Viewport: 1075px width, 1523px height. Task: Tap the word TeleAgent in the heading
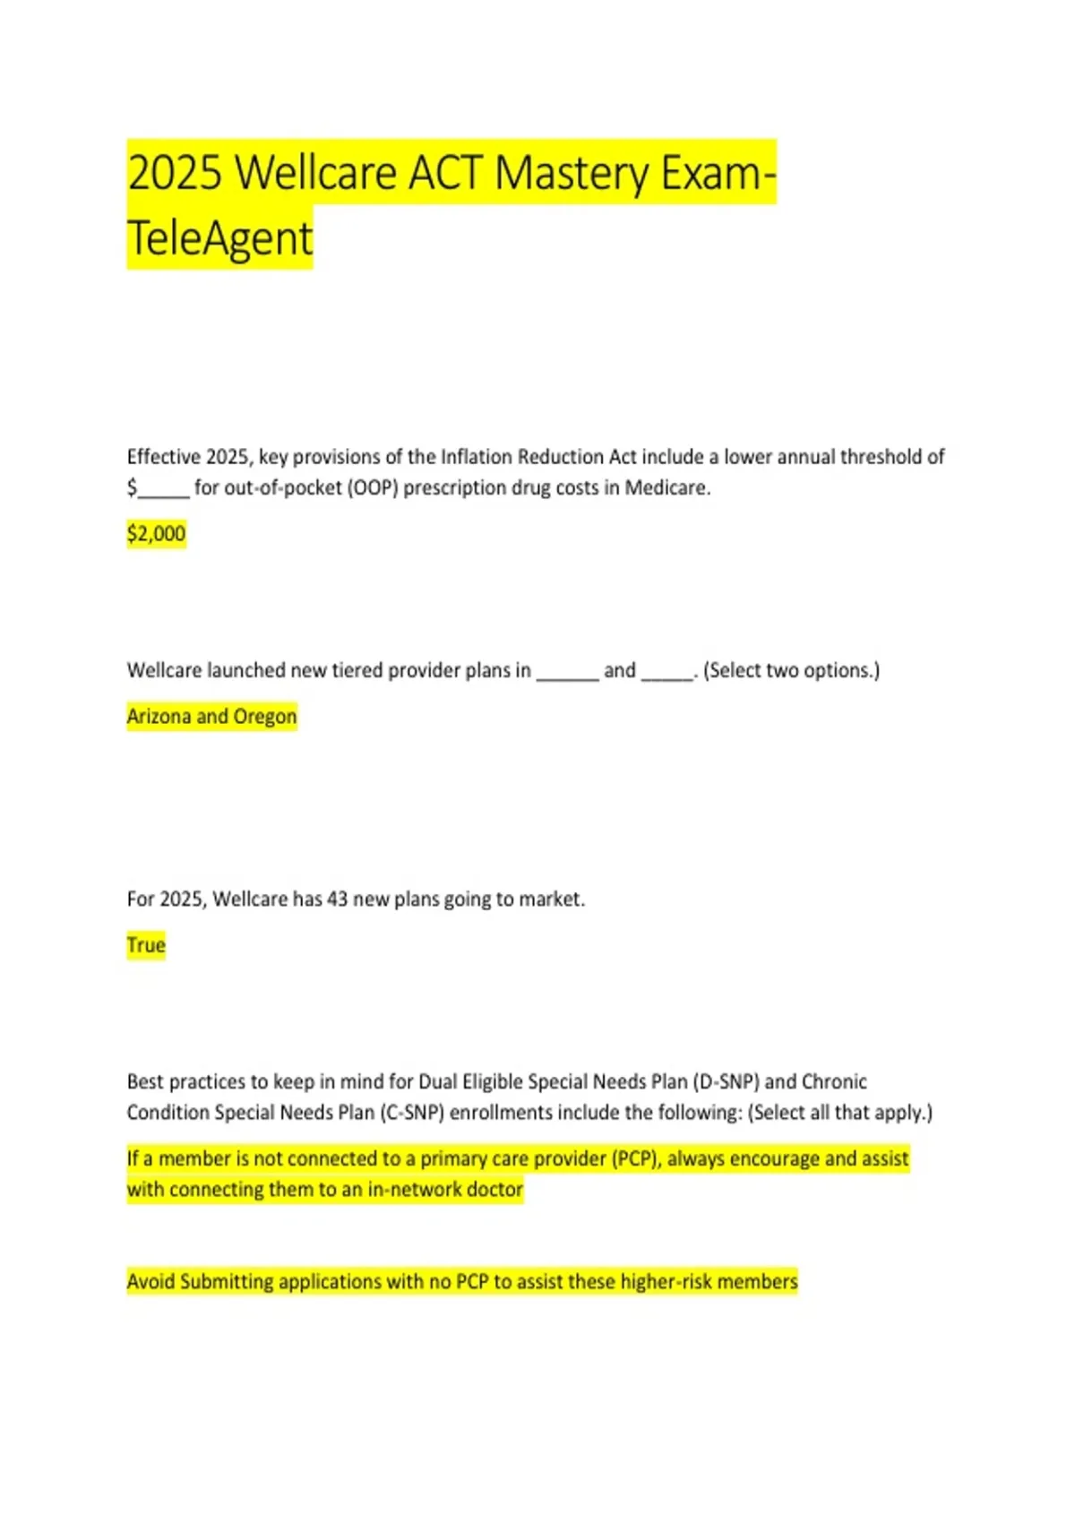[220, 238]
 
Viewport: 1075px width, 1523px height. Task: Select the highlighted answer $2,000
[156, 534]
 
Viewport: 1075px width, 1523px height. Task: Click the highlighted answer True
[146, 945]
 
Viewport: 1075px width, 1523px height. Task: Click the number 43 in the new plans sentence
[337, 899]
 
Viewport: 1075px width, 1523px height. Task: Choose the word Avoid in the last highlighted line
[150, 1282]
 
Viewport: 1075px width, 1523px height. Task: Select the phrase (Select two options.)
[792, 670]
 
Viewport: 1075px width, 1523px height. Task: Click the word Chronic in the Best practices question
[834, 1081]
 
